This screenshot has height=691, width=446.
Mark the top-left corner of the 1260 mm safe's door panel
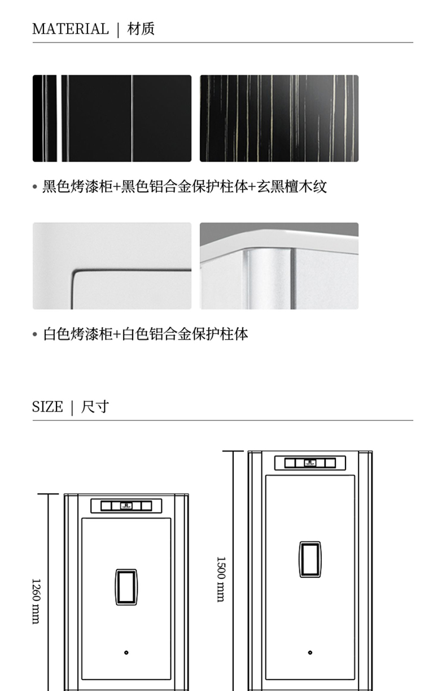(x=82, y=518)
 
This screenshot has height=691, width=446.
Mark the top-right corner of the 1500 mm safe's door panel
(x=355, y=475)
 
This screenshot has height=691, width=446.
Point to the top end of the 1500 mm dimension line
(x=233, y=451)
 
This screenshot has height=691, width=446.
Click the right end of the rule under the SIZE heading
(x=413, y=420)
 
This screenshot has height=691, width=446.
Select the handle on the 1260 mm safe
(x=126, y=587)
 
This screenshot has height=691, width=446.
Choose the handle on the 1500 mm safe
(x=310, y=559)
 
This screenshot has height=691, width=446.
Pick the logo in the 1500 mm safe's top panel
(x=310, y=463)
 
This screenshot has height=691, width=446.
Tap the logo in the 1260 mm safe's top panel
(x=126, y=506)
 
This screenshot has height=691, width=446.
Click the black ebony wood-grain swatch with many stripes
(x=279, y=118)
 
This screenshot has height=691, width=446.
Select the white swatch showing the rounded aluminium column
(x=279, y=266)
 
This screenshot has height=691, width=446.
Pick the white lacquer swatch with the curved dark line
(x=112, y=266)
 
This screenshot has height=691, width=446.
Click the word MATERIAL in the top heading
(x=71, y=29)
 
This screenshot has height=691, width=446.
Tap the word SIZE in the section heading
(x=47, y=407)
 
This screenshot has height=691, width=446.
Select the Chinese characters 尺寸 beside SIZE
(x=95, y=407)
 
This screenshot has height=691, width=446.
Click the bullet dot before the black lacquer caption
(x=35, y=186)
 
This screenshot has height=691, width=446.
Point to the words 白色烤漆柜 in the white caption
(x=78, y=334)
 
